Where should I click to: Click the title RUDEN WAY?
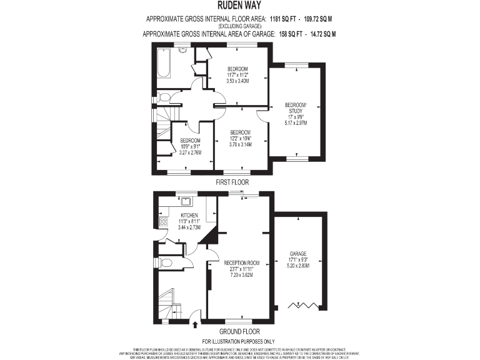click(239, 6)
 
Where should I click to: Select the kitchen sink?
click(186, 201)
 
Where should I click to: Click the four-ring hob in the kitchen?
click(164, 221)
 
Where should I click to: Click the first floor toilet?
click(164, 97)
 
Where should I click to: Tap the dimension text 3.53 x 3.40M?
click(237, 81)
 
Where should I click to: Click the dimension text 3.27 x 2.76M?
click(190, 152)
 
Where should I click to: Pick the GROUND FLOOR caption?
click(239, 331)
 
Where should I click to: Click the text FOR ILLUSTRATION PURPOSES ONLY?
click(239, 341)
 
